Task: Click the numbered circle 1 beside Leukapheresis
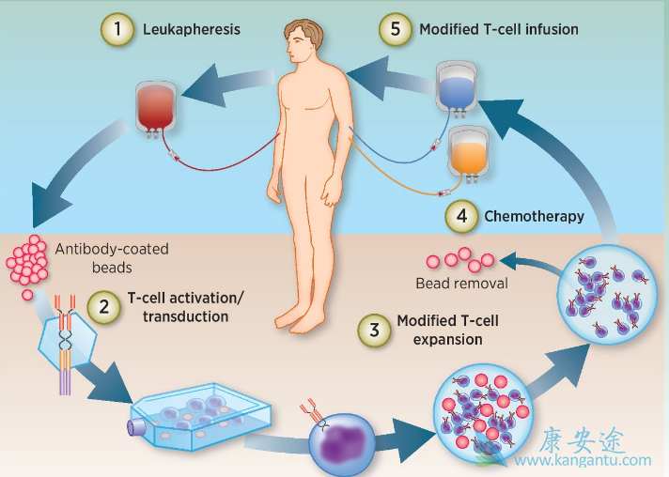pyautogui.click(x=117, y=30)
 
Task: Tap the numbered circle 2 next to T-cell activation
pyautogui.click(x=104, y=306)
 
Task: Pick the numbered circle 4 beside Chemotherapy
pyautogui.click(x=460, y=217)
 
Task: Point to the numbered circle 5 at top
pyautogui.click(x=396, y=29)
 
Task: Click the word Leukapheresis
pyautogui.click(x=191, y=30)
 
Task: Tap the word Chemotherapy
pyautogui.click(x=534, y=217)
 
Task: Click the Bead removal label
pyautogui.click(x=461, y=283)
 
